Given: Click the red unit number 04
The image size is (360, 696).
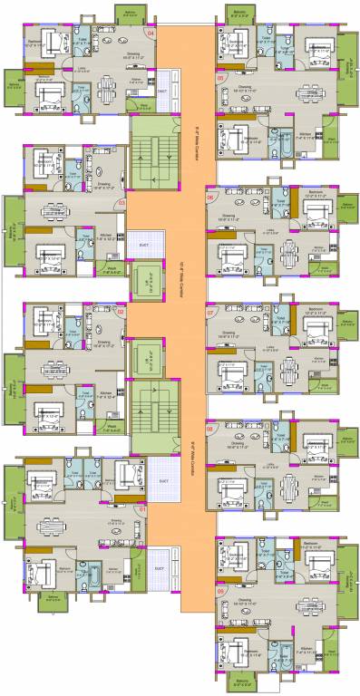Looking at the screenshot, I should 151,34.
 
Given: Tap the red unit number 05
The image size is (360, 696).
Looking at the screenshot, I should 220,79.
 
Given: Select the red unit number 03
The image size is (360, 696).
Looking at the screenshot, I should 122,203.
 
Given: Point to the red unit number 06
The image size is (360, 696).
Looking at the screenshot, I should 210,197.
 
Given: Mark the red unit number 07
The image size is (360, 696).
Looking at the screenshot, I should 210,313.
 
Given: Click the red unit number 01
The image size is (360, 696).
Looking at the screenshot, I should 141,509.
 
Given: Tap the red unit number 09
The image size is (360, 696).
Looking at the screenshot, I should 220,593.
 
